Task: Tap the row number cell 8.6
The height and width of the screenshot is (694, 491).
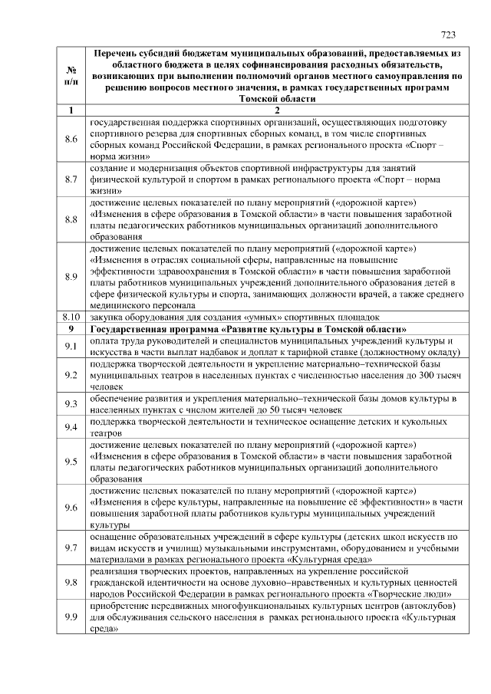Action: [71, 139]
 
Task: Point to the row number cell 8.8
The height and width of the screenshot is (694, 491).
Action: [71, 219]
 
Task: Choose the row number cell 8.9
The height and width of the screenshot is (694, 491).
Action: [71, 276]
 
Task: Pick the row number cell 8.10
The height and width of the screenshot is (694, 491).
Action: [71, 316]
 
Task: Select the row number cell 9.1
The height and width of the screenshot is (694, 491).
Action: [71, 346]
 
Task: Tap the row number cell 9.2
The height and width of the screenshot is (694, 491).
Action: [71, 375]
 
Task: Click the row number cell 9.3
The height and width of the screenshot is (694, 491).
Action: [71, 404]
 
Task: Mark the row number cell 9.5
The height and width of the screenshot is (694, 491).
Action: [71, 461]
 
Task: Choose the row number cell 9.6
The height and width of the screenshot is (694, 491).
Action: [71, 507]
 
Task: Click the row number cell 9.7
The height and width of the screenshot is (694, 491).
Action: [71, 548]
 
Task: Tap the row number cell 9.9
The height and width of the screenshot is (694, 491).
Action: [71, 617]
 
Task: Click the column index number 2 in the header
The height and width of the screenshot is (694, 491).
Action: [277, 110]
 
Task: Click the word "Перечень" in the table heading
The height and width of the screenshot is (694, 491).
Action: [118, 53]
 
